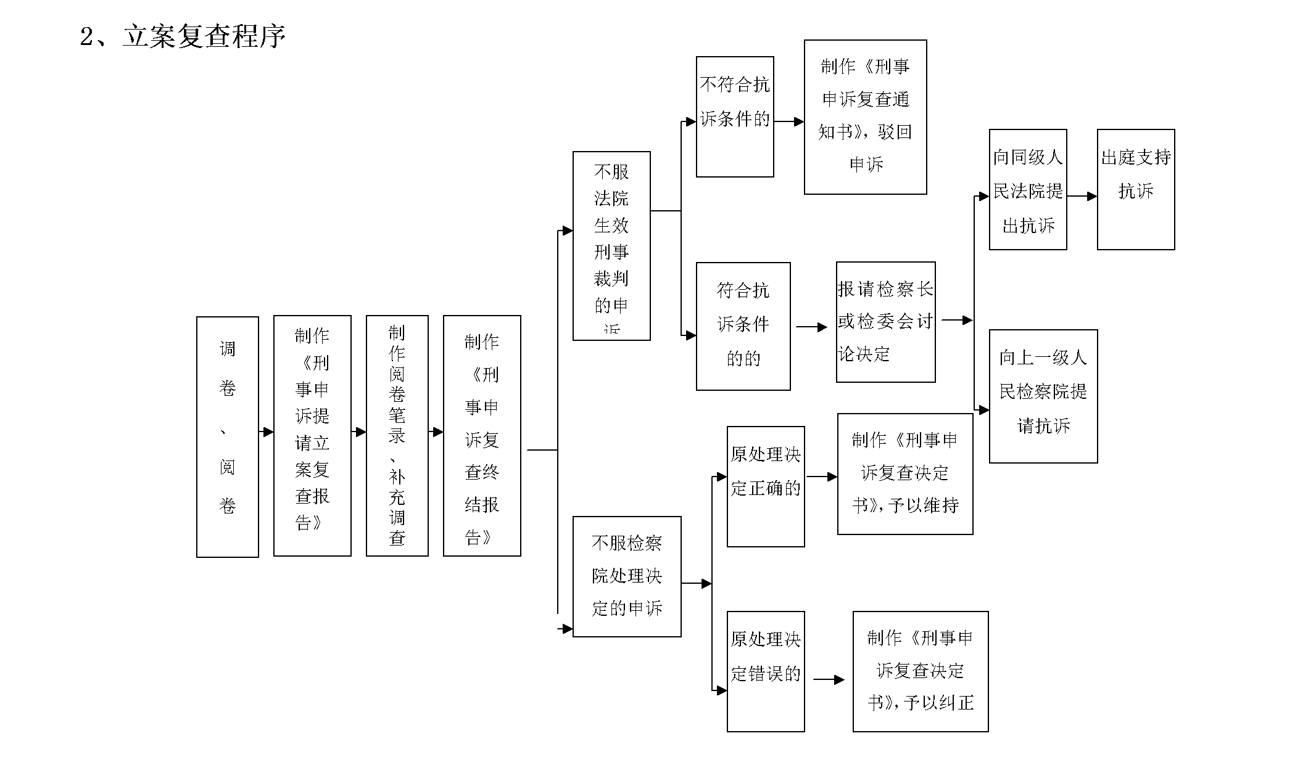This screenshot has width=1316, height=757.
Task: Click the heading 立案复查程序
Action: click(204, 36)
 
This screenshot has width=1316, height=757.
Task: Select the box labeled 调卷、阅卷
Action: click(227, 436)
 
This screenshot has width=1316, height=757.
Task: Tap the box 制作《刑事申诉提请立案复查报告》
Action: click(312, 435)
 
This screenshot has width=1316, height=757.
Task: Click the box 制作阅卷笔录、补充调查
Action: click(397, 435)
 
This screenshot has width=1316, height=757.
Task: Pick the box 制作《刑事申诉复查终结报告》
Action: click(482, 435)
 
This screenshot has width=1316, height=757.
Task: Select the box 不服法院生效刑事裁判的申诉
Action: click(611, 245)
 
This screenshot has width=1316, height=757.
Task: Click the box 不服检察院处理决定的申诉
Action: click(627, 576)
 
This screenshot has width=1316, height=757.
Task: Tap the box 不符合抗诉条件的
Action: click(735, 117)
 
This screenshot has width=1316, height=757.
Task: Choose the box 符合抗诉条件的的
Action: click(743, 326)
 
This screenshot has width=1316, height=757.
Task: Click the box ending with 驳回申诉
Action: click(865, 117)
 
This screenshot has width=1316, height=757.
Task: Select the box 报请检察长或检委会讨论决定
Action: click(885, 322)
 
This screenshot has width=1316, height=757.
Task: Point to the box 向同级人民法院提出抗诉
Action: click(1028, 189)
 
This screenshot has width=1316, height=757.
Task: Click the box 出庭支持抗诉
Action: click(1136, 189)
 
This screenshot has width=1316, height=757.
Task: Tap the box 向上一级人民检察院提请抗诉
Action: click(1043, 396)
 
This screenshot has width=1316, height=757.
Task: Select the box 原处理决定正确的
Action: click(766, 486)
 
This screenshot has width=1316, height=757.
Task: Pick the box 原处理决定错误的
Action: click(766, 671)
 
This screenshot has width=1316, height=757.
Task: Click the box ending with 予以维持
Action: click(905, 473)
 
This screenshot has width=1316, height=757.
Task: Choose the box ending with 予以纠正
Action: click(921, 671)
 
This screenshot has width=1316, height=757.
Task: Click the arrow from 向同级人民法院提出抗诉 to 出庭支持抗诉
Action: click(1082, 196)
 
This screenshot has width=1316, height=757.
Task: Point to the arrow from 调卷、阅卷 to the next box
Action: click(266, 432)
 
